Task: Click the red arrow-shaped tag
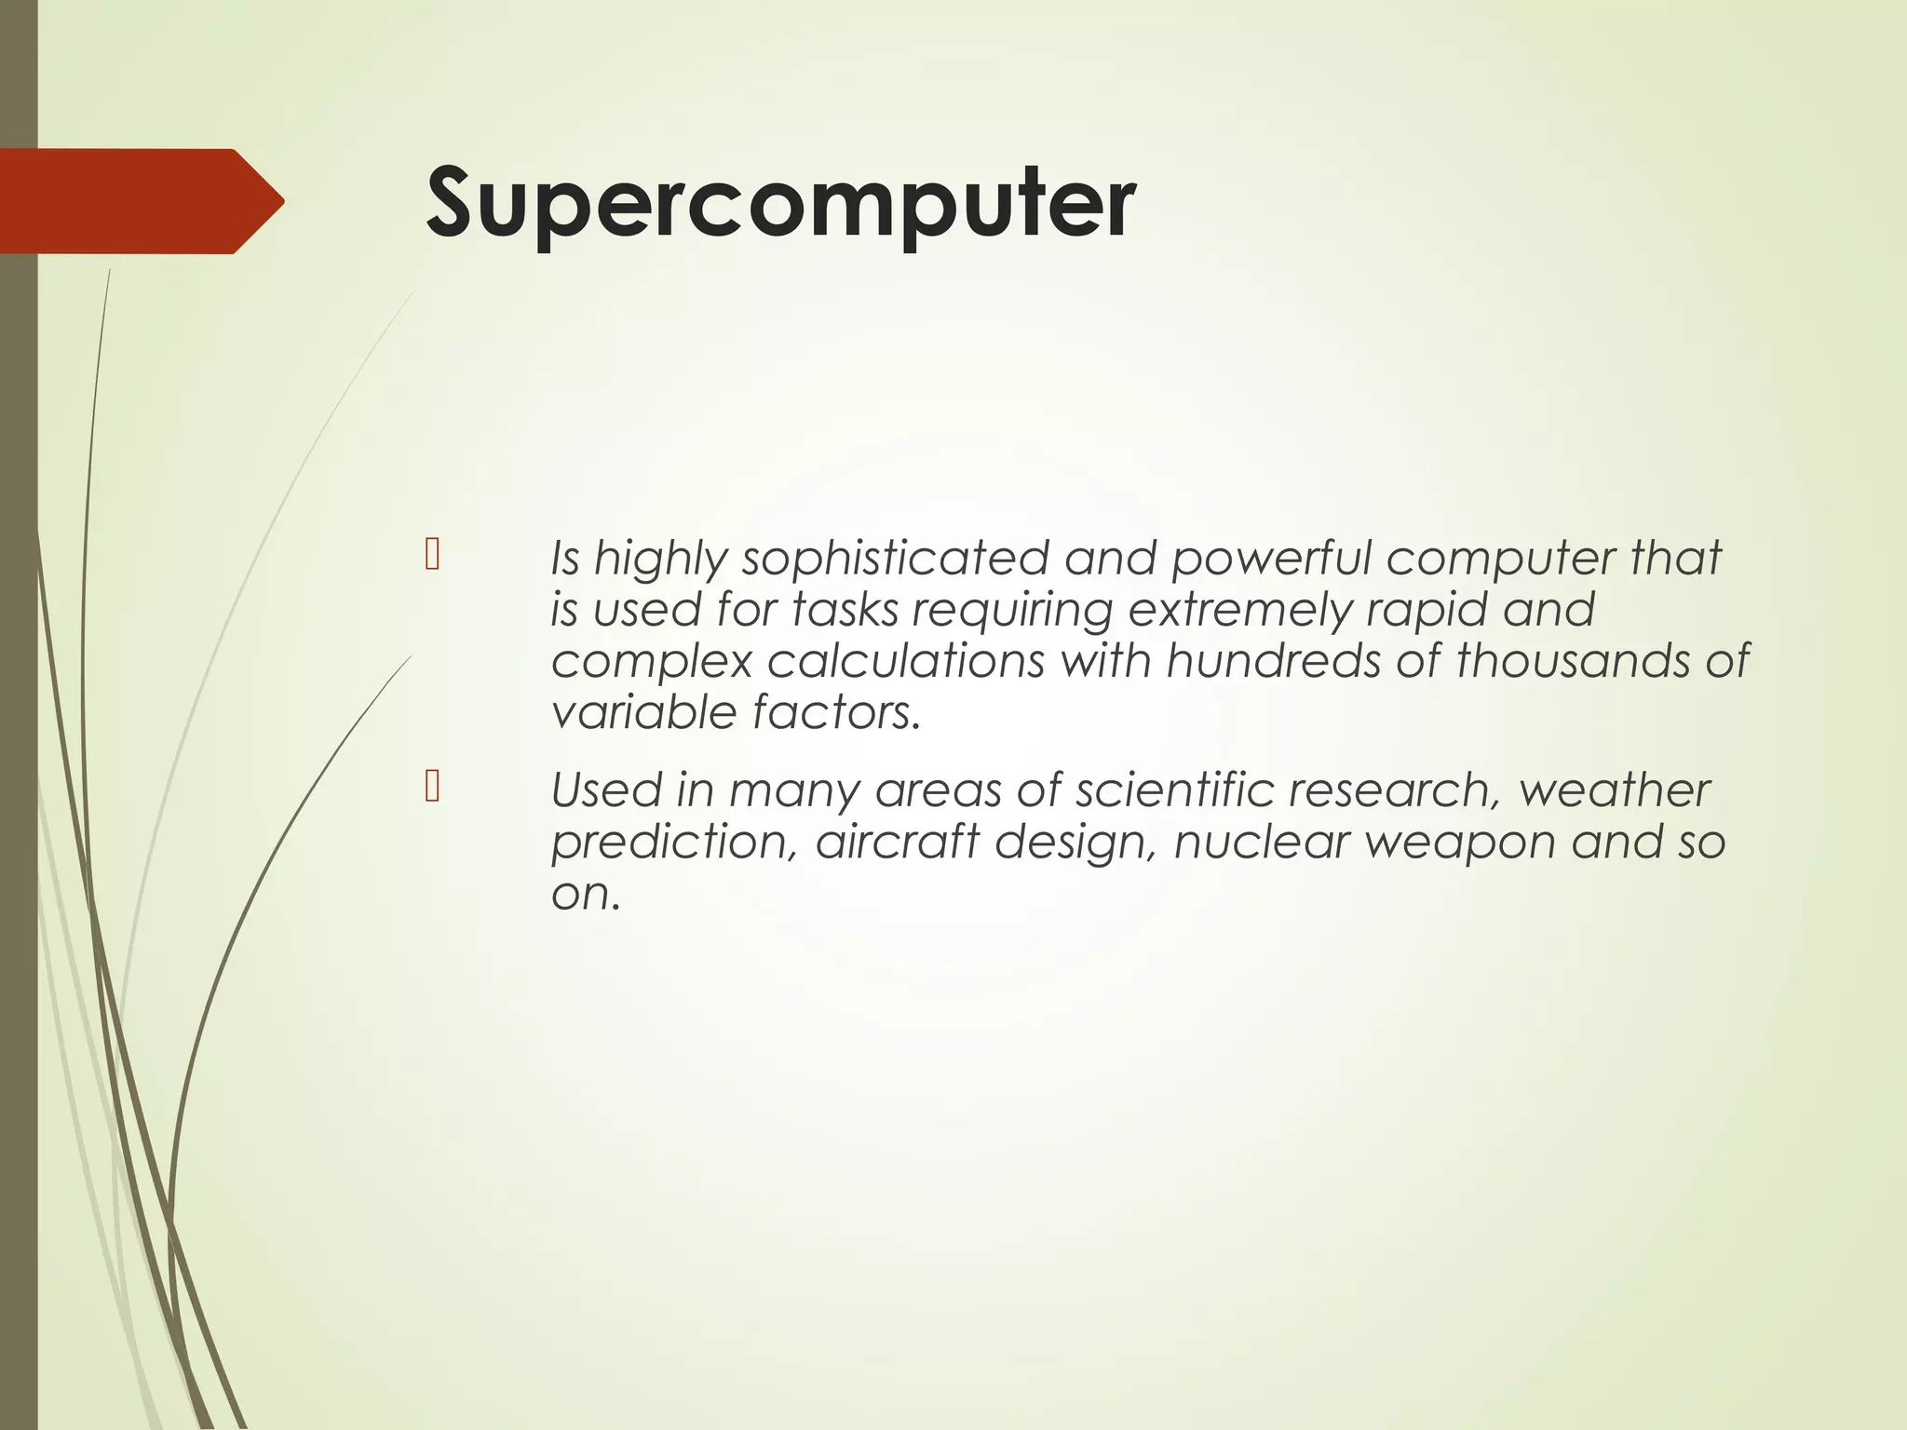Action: (x=140, y=201)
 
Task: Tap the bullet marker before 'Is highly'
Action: (x=431, y=555)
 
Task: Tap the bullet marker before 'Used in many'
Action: (x=431, y=787)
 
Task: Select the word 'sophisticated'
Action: (x=895, y=559)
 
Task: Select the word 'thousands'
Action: (x=1573, y=661)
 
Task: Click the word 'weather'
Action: (x=1614, y=789)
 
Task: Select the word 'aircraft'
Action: (x=897, y=841)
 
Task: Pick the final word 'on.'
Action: (x=585, y=894)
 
